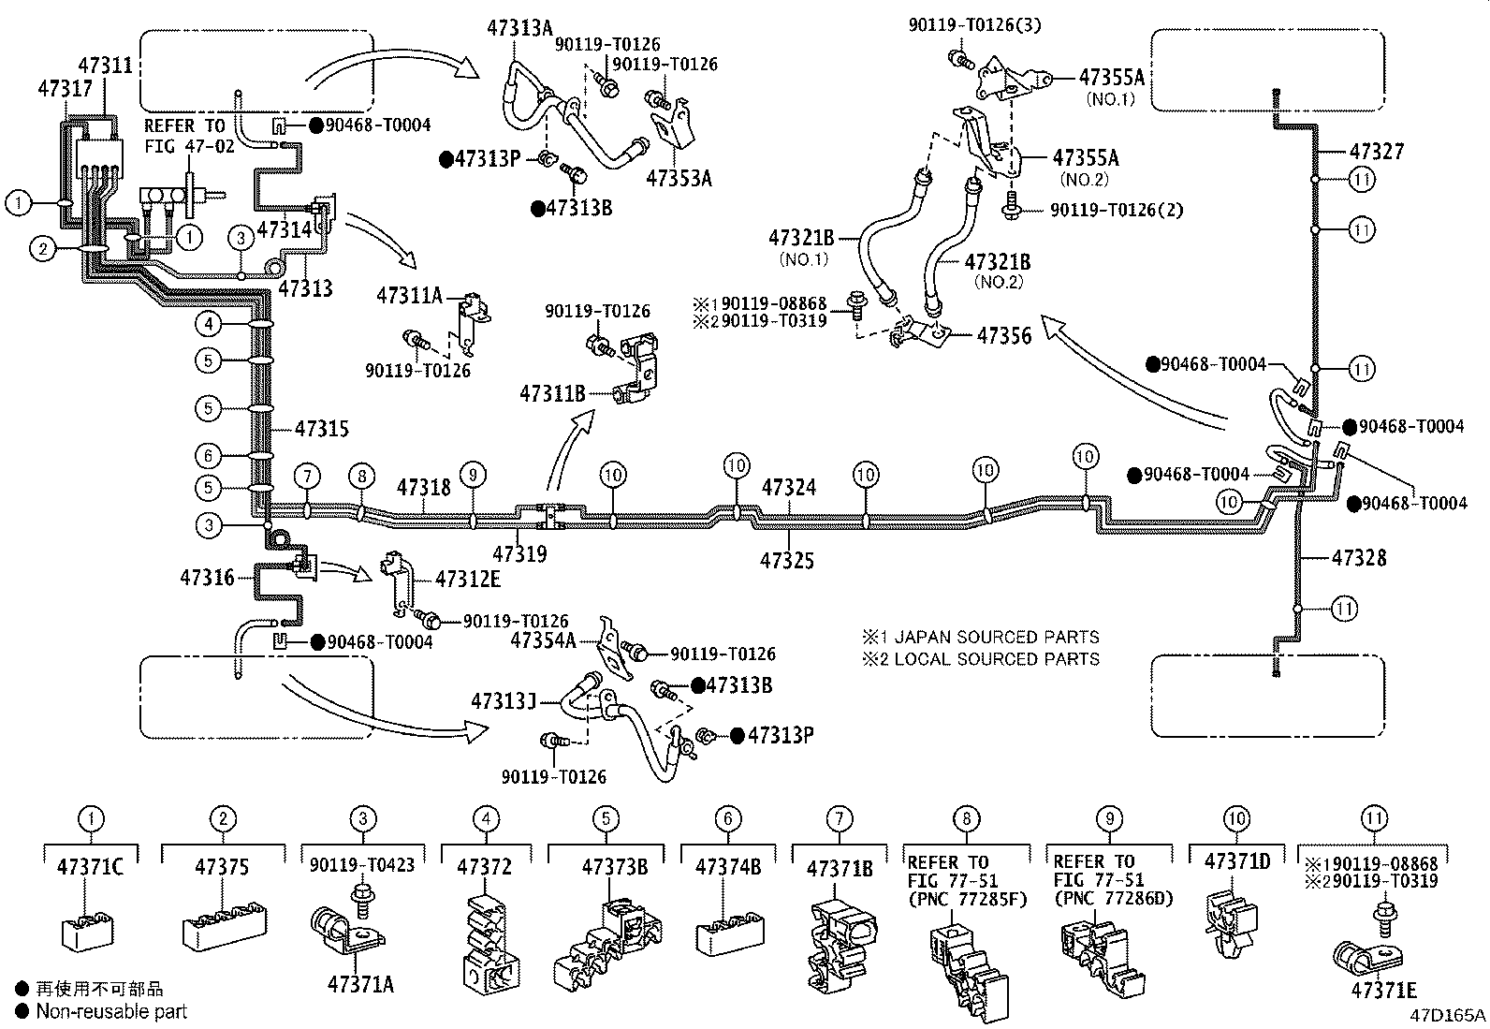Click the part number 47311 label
[x=105, y=66]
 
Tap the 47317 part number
[x=66, y=88]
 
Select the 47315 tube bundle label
[x=322, y=429]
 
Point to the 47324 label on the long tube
[x=788, y=487]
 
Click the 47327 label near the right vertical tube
[x=1376, y=152]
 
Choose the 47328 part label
[x=1359, y=558]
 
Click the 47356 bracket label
[x=1003, y=336]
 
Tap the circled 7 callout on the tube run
[x=307, y=476]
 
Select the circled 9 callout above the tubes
[x=473, y=476]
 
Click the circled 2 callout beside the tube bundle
[x=43, y=249]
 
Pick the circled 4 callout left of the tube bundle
[x=208, y=324]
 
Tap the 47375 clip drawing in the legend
[x=225, y=924]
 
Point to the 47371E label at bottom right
[x=1383, y=991]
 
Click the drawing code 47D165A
[x=1448, y=1015]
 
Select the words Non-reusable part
[x=111, y=1011]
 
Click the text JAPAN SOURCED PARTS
[x=997, y=637]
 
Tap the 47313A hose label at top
[x=519, y=28]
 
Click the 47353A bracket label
[x=679, y=179]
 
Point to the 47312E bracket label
[x=468, y=579]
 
